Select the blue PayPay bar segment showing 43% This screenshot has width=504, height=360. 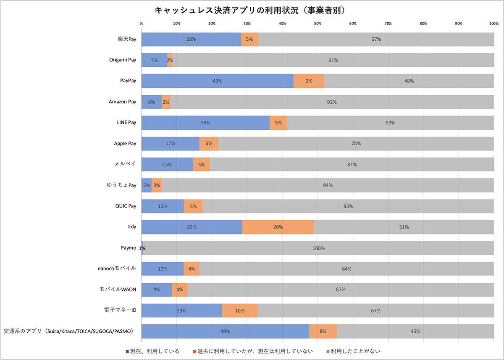coord(217,81)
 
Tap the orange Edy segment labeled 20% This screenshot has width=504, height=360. coord(278,227)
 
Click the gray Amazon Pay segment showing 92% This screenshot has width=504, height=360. coord(332,102)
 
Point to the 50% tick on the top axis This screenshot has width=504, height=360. coord(318,24)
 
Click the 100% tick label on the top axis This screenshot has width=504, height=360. coord(493,24)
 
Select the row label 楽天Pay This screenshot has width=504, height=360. coord(127,39)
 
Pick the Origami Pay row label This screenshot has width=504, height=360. coord(122,60)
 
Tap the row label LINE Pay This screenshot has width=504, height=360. coord(126,123)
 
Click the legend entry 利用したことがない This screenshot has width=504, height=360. coord(355,351)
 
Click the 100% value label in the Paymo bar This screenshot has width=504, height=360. coord(318,248)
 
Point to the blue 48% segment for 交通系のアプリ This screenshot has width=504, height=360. coord(225,331)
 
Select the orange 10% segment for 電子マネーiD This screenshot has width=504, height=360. coord(240,310)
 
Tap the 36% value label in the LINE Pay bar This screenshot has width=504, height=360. coord(205,123)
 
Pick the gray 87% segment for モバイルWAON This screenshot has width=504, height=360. coord(340,289)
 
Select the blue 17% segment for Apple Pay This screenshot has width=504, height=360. coord(170,144)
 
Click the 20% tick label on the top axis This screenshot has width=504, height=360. coord(212,24)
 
